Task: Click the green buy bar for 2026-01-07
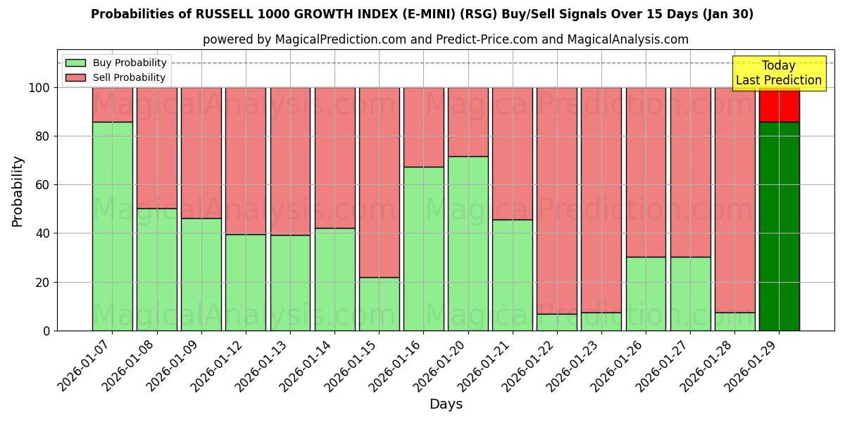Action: click(112, 226)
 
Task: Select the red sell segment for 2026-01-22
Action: click(557, 200)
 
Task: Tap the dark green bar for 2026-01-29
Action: click(779, 226)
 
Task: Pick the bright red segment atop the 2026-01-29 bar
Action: click(779, 105)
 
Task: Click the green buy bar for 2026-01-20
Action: click(468, 243)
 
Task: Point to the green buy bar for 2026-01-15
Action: click(379, 304)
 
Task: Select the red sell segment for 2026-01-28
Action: click(734, 200)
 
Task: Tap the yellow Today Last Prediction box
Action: click(779, 73)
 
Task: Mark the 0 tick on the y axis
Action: click(46, 331)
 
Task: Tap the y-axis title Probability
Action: click(18, 191)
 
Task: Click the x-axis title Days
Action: click(446, 404)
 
